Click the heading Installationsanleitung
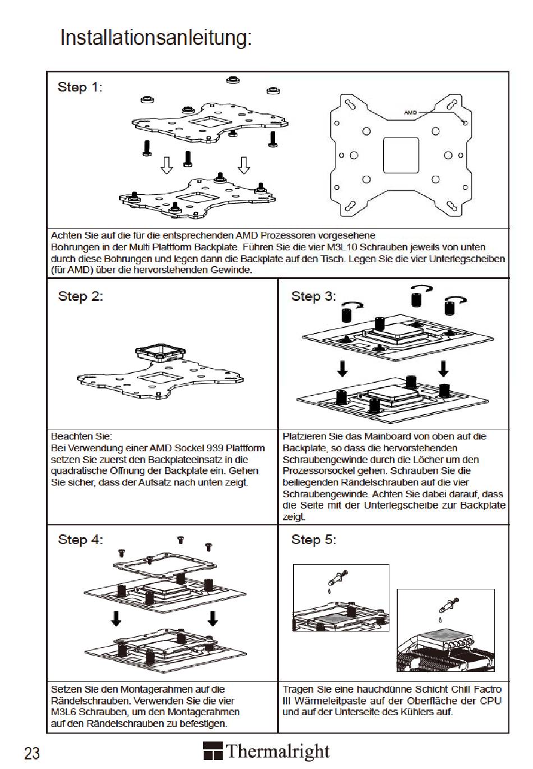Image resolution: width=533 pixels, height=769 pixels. [155, 38]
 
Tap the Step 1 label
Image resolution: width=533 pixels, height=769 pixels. [80, 87]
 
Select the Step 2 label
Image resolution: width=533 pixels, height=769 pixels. [80, 296]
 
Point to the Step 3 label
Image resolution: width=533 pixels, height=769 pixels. [313, 296]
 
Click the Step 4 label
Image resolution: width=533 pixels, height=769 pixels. [80, 539]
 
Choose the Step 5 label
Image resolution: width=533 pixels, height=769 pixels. [313, 539]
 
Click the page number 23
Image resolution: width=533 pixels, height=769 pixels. [32, 753]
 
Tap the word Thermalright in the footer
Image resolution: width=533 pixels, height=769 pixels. [278, 751]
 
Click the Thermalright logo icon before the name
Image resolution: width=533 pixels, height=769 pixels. [213, 751]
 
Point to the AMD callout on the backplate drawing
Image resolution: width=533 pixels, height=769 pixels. [411, 113]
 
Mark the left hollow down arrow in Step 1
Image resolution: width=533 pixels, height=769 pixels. [166, 165]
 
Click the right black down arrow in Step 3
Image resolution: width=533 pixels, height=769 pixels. [443, 369]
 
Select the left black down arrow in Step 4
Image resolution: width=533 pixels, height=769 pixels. [116, 618]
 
